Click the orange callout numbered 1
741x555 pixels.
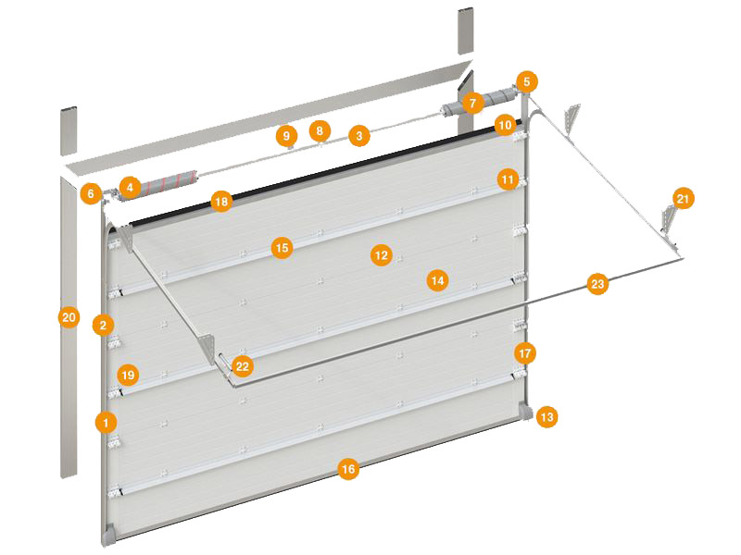(x=106, y=422)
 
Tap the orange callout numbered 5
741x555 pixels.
(x=526, y=81)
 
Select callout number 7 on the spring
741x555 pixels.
(x=472, y=103)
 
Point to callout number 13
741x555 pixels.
(x=546, y=417)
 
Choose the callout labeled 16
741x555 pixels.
(x=348, y=469)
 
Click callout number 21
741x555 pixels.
(x=683, y=198)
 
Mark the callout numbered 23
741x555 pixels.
(x=597, y=284)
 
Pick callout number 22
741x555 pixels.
(x=242, y=366)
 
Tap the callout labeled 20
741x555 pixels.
(x=69, y=317)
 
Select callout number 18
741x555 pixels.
(x=221, y=202)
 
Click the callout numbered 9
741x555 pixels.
(x=286, y=136)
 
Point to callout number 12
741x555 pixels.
(x=381, y=255)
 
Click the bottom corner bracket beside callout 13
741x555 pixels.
(x=525, y=411)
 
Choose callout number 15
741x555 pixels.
(x=282, y=248)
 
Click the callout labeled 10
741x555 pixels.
(x=505, y=125)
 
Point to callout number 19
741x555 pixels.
(x=128, y=376)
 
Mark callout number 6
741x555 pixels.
(x=90, y=193)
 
